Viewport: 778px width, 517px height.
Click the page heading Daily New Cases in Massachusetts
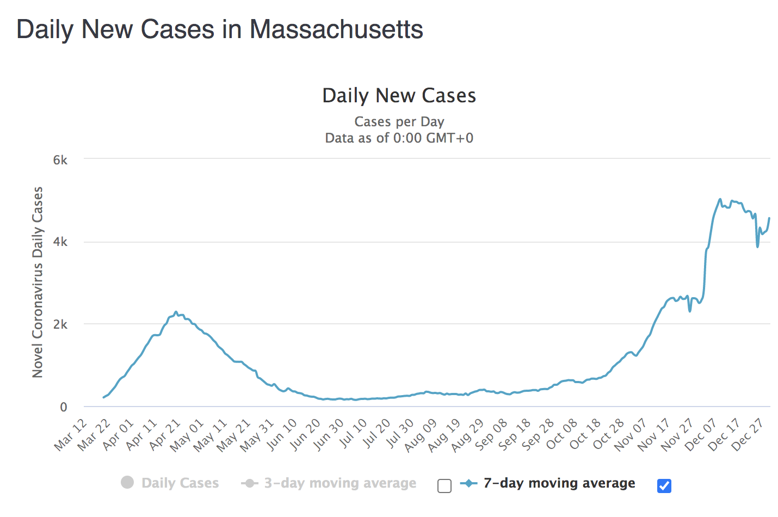tap(220, 29)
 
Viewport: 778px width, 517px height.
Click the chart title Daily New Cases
tap(399, 96)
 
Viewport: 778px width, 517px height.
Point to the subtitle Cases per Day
tap(399, 121)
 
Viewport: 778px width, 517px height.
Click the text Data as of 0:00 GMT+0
tap(399, 138)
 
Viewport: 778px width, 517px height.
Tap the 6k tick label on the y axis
tap(60, 160)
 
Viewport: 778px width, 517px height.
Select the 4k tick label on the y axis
tap(60, 242)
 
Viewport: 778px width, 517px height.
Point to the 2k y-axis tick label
tap(60, 325)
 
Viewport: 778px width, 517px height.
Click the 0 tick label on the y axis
tap(64, 407)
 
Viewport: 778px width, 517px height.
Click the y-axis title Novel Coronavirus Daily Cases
tap(38, 282)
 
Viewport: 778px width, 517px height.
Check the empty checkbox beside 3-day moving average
tap(444, 486)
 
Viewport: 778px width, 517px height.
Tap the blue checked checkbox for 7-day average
tap(664, 486)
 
